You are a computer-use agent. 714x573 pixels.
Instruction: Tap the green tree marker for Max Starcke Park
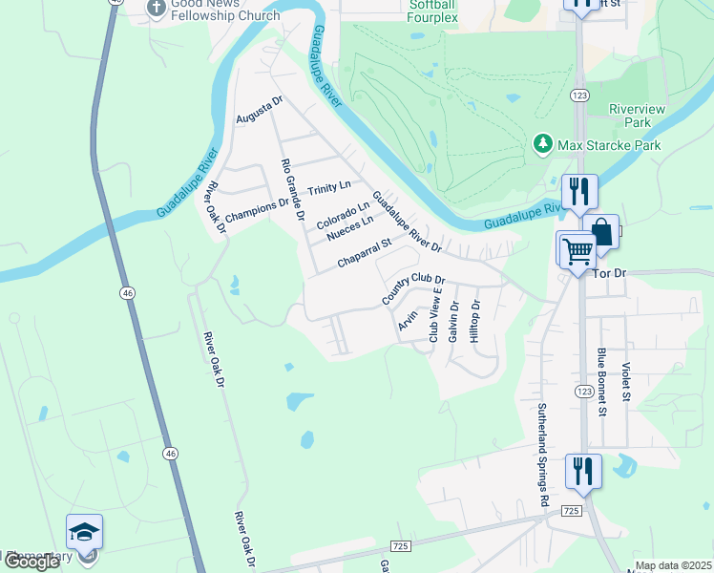[543, 144]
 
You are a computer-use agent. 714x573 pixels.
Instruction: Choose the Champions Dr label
[255, 204]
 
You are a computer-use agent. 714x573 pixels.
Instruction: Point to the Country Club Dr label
[414, 286]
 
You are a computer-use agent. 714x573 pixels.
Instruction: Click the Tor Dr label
[608, 273]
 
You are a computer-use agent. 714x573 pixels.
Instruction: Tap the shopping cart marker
[577, 250]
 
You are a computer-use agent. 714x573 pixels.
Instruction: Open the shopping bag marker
[603, 231]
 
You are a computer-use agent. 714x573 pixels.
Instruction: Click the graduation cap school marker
[84, 532]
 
